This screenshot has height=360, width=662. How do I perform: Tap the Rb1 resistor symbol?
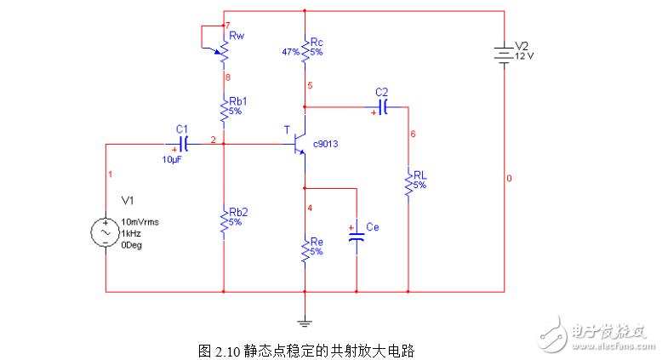pos(223,110)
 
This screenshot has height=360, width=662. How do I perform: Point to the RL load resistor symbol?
pos(408,184)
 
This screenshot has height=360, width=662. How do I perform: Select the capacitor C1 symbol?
pos(182,144)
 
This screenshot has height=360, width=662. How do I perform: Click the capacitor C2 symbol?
pos(383,107)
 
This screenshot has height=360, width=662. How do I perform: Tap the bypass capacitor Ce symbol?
pos(357,236)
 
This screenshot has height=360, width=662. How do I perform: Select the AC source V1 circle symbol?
pos(106,232)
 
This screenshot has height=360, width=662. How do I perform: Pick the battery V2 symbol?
pos(505,54)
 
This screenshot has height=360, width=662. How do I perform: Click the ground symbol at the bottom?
pos(305,322)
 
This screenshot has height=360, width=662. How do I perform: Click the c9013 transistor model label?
pos(326,145)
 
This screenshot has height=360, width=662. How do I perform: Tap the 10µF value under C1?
pos(173,158)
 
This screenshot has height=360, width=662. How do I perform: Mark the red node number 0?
pos(510,179)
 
